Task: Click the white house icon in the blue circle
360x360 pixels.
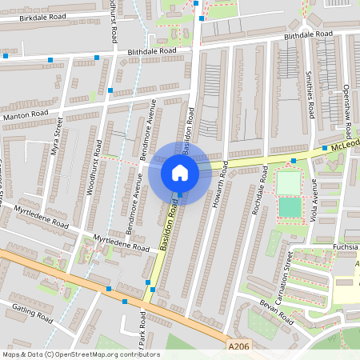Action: coord(179,173)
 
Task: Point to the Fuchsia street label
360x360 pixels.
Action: coord(342,247)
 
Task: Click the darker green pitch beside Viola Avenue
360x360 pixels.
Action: coord(290,208)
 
